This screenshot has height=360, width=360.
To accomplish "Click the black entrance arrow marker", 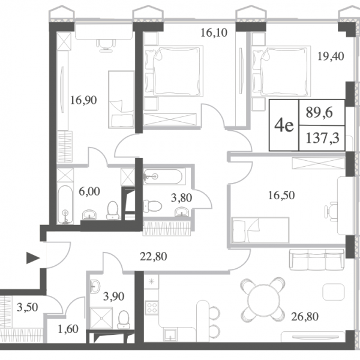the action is tap(33, 258).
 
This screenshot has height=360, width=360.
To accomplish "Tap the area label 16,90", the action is tap(83, 100).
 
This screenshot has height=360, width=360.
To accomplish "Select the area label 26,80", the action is tap(305, 317).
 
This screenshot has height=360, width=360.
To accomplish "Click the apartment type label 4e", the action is tap(284, 125).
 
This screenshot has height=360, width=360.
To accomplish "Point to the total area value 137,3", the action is tap(322, 139).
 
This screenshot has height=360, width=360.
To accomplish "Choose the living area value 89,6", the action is tap(319, 113).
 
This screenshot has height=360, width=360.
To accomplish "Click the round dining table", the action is tap(263, 298).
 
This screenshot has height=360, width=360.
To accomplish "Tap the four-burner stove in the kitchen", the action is tap(152, 308).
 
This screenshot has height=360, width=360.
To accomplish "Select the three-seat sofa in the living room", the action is tap(317, 260).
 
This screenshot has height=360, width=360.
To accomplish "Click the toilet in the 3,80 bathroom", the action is tap(152, 206).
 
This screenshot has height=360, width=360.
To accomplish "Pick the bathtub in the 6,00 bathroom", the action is tap(65, 205).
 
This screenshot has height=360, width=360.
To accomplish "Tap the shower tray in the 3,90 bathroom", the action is tap(101, 319).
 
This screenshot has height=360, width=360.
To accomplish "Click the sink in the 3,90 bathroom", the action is tap(95, 286).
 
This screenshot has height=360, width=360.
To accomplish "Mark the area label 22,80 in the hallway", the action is tap(154, 256).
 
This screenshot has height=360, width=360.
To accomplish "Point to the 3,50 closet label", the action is tap(28, 307).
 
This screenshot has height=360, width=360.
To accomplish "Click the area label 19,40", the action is tap(331, 56).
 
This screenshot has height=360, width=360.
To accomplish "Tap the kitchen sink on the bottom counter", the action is tap(170, 335).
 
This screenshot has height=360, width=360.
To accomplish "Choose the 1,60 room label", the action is tap(68, 329).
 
